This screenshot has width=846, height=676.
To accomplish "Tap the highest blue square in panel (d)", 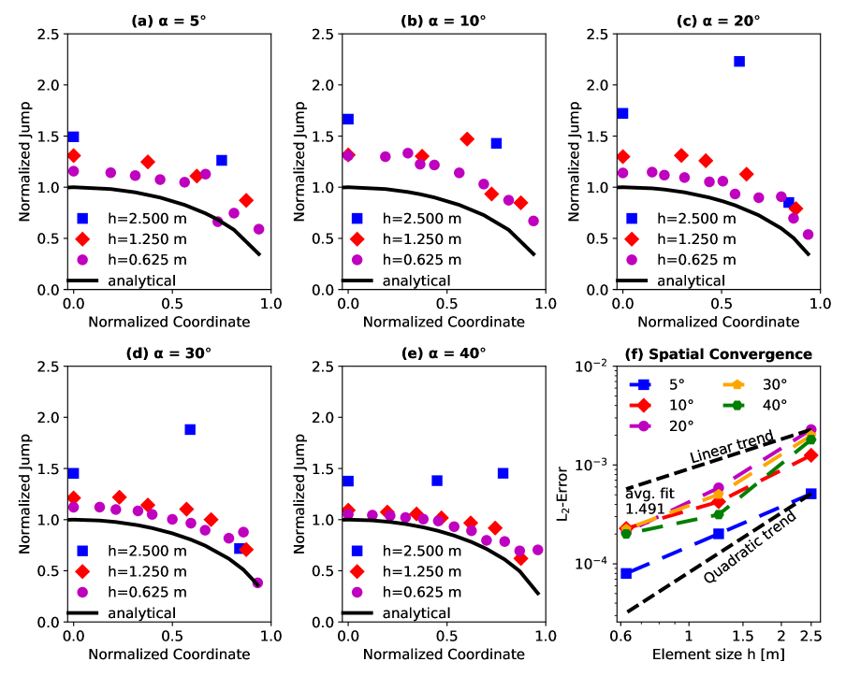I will click(190, 429).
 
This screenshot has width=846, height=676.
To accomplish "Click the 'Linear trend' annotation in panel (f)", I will click(732, 446).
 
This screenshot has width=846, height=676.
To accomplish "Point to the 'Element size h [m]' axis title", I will click(717, 652).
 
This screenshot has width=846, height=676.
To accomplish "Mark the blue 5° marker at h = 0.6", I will click(626, 573).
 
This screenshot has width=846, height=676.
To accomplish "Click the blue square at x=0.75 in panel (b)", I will click(496, 143).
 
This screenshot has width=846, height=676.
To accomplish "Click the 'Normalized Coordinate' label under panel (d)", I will click(169, 654).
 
